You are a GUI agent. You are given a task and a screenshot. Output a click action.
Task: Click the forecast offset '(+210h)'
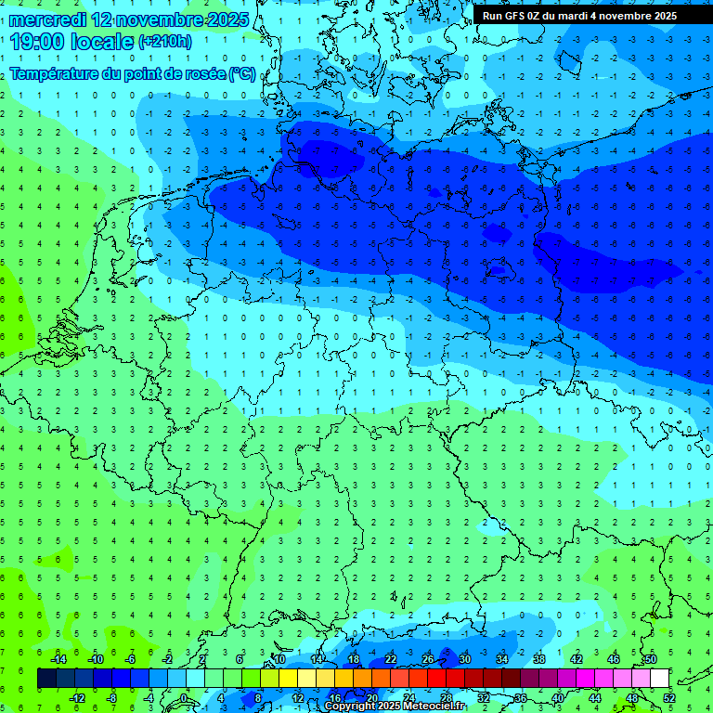(164, 42)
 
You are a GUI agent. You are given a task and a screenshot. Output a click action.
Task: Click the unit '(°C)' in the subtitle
(241, 73)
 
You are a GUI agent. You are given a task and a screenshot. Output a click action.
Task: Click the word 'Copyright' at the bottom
(350, 707)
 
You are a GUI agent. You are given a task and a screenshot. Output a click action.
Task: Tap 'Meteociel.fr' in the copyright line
(434, 707)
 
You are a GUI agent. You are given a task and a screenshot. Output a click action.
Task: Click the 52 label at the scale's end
(668, 697)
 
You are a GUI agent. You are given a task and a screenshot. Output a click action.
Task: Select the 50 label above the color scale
(650, 658)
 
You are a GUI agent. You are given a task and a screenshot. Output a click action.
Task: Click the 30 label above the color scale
(464, 658)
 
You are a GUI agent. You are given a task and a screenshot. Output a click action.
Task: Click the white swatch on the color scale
(659, 678)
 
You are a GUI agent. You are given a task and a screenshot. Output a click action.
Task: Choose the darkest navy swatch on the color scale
(46, 678)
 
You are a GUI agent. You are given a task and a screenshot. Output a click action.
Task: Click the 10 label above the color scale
(279, 658)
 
